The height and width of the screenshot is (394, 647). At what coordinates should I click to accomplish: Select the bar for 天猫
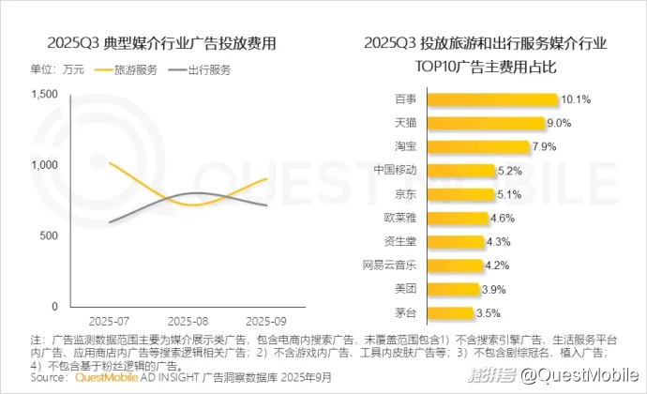click(x=496, y=123)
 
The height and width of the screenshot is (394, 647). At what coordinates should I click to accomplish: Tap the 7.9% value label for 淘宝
click(x=545, y=146)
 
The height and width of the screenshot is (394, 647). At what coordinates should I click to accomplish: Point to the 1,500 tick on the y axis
click(x=44, y=94)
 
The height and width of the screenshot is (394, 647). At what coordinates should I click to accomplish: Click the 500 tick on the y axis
click(x=51, y=235)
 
